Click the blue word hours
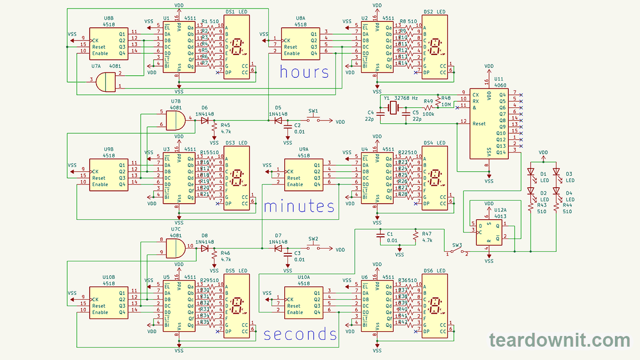click(x=304, y=72)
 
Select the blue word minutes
click(x=299, y=206)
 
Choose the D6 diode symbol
click(x=204, y=121)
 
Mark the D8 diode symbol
click(x=204, y=248)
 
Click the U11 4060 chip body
click(x=489, y=123)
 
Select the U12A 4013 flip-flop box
click(x=489, y=233)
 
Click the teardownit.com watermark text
click(x=559, y=340)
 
